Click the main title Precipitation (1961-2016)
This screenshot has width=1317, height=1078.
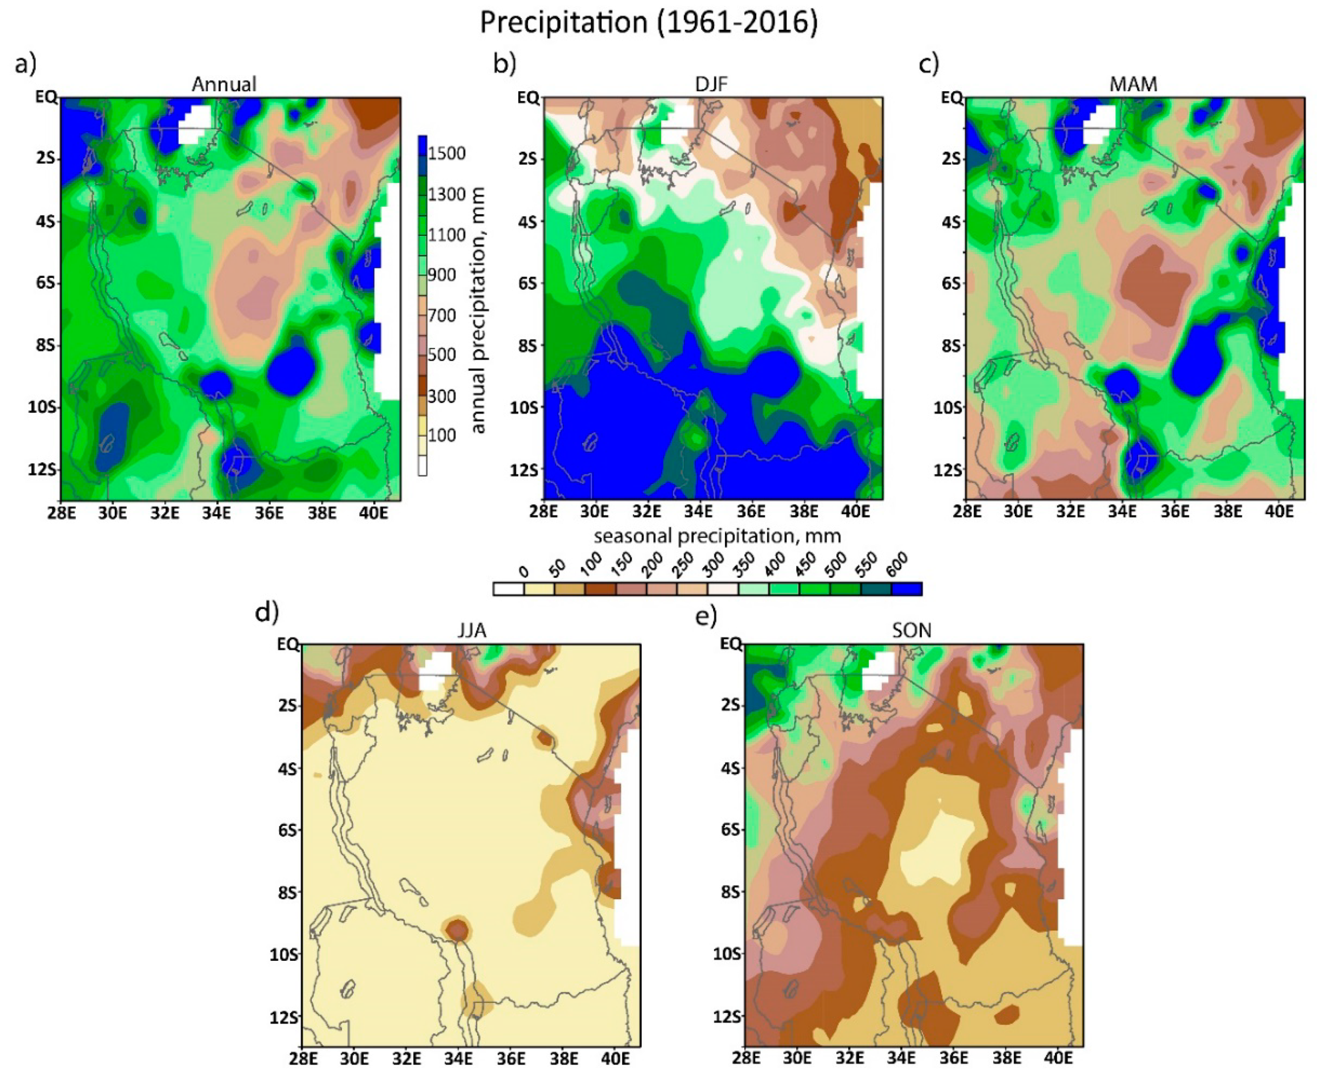[x=649, y=23]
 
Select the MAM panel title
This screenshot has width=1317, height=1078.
[x=1133, y=84]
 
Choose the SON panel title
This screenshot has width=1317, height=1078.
[x=912, y=631]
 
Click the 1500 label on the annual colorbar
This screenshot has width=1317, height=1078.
[x=447, y=153]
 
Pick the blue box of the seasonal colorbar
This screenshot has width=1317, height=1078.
[x=907, y=588]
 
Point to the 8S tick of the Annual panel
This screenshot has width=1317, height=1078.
[x=45, y=345]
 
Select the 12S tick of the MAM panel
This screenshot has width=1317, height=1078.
[x=947, y=470]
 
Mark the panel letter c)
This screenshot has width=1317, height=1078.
[x=928, y=64]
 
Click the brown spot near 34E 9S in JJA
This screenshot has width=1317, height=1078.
[x=457, y=930]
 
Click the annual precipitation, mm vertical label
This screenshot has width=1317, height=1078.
[x=477, y=311]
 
